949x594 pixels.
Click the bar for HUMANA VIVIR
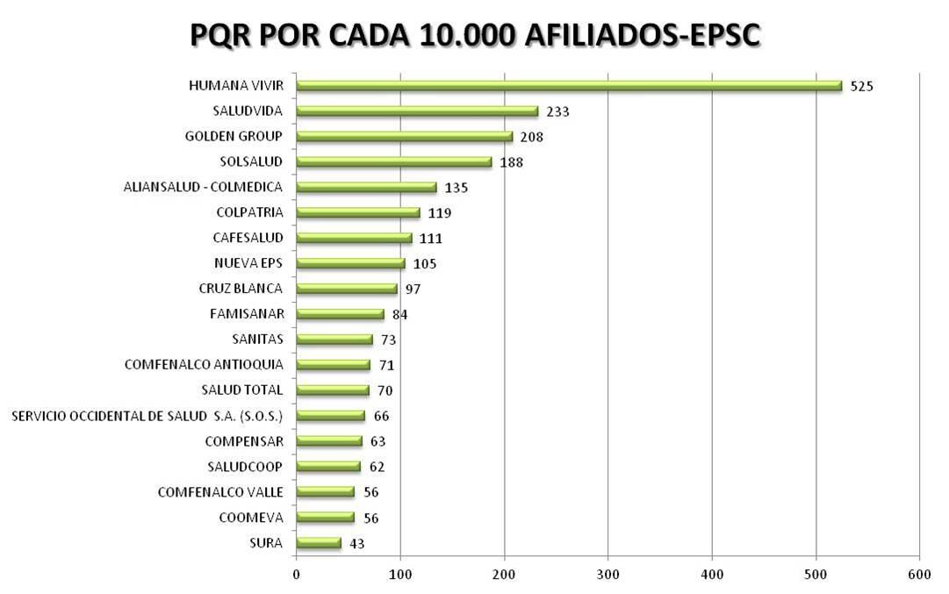pos(569,86)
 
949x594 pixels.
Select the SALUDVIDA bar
pos(417,111)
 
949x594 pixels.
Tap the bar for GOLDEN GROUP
pos(404,137)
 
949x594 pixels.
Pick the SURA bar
pos(319,543)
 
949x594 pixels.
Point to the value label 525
pos(862,86)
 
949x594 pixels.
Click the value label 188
pos(511,162)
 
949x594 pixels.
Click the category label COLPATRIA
pos(249,212)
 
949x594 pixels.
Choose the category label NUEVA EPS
pos(248,263)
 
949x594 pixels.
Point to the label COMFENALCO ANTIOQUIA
pos(204,364)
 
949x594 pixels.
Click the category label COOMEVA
pos(251,518)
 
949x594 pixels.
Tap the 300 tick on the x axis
pos(608,574)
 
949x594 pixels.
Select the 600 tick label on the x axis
pos(919,574)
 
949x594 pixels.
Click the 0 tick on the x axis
pos(296,574)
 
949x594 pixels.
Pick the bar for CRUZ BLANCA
pos(347,289)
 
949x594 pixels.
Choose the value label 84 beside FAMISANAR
pos(400,314)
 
